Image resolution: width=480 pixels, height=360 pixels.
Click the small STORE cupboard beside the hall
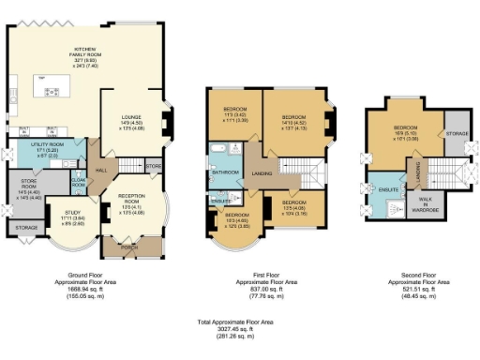pos(154,166)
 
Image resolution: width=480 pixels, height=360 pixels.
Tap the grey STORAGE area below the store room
pos(28,226)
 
